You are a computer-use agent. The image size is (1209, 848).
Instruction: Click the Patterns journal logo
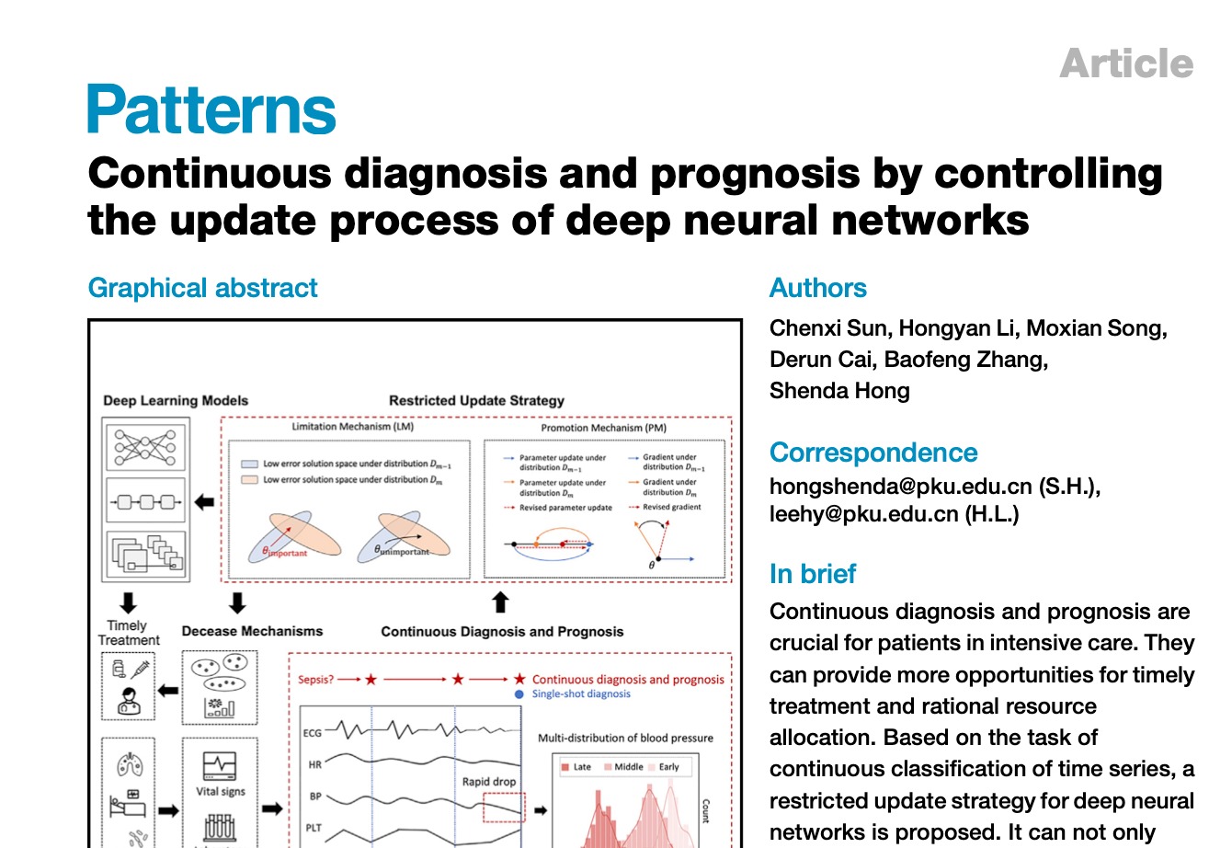tap(211, 109)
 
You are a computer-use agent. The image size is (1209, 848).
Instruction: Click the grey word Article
tap(1126, 63)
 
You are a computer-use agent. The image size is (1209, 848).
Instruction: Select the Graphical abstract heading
tap(202, 288)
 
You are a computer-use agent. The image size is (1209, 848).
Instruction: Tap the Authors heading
tap(817, 288)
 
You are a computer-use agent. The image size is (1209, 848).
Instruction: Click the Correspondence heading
tap(873, 453)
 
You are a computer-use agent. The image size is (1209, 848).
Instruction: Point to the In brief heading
tap(812, 574)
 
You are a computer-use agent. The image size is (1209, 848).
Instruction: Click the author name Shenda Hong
tap(839, 390)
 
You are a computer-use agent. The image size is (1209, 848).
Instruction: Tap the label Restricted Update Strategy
tap(476, 400)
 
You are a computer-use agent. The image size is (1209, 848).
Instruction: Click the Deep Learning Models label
tap(176, 400)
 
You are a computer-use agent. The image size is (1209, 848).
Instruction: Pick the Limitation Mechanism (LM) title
tap(352, 428)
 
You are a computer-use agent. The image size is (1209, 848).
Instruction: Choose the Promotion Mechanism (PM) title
tap(603, 428)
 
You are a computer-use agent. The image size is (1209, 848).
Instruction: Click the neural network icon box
tap(147, 444)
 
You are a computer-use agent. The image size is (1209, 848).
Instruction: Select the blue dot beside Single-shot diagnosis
tap(520, 693)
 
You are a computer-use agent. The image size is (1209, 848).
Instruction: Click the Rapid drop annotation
tap(489, 781)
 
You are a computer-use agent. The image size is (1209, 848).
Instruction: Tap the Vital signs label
tap(220, 791)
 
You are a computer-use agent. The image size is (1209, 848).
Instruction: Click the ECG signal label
tap(313, 733)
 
